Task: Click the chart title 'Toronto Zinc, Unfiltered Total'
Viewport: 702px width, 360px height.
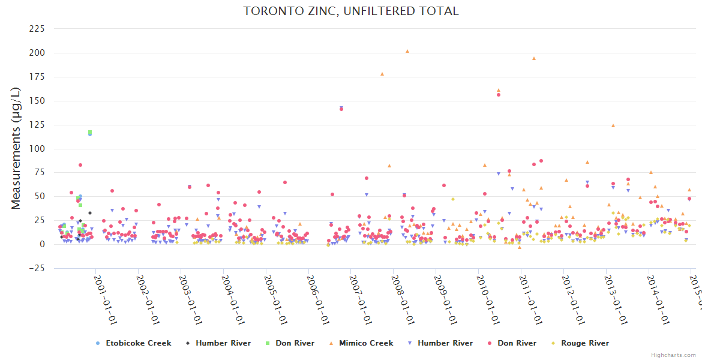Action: point(351,11)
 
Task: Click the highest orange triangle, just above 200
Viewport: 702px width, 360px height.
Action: point(407,51)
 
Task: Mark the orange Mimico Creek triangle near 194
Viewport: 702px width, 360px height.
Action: point(534,58)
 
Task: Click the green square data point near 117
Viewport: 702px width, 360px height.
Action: point(90,131)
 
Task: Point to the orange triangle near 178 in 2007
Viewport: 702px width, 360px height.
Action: point(382,74)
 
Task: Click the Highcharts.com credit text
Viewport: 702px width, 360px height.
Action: point(674,355)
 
